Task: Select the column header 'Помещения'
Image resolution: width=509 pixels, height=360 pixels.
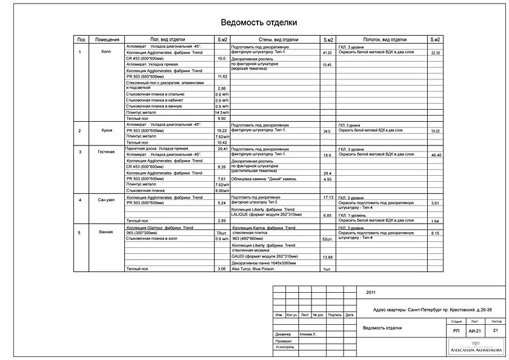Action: pos(106,39)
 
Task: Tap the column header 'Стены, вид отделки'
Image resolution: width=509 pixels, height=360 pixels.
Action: pos(274,39)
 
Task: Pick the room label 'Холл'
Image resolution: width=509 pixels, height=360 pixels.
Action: pos(106,52)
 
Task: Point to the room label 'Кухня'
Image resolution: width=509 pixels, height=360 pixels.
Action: pos(107,130)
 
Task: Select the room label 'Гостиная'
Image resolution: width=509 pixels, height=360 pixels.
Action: pos(106,152)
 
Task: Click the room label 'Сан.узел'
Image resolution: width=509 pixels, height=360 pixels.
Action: pos(106,199)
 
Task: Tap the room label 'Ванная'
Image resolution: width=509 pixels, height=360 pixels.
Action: pos(106,232)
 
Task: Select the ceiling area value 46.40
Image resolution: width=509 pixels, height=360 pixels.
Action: pos(436,156)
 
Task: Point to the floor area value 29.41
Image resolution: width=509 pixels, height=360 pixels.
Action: pos(222,148)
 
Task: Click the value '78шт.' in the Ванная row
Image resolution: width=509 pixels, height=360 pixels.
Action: pos(222,233)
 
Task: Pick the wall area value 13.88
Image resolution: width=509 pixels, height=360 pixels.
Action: pos(328,258)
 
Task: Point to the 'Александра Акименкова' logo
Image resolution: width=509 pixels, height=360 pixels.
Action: pos(475,349)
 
